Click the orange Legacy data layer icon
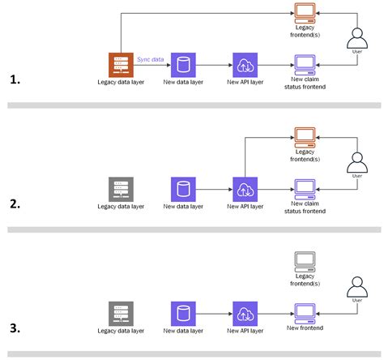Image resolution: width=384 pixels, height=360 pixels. tap(121, 65)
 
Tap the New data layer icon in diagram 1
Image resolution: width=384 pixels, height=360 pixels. tap(184, 65)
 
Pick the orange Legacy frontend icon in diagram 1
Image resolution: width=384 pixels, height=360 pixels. tap(305, 12)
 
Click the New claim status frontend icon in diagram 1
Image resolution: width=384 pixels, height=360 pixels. tap(305, 63)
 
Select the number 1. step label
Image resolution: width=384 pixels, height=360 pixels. tap(14, 79)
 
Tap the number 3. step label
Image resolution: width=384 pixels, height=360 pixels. tap(14, 328)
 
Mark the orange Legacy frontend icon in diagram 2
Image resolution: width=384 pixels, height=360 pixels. tap(305, 137)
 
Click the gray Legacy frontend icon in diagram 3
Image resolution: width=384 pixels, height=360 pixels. tap(305, 261)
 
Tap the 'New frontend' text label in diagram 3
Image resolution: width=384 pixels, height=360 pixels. tap(305, 328)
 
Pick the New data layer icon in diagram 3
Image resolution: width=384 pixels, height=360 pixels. tap(184, 313)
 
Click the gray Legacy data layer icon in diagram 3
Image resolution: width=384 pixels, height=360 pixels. tap(121, 313)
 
